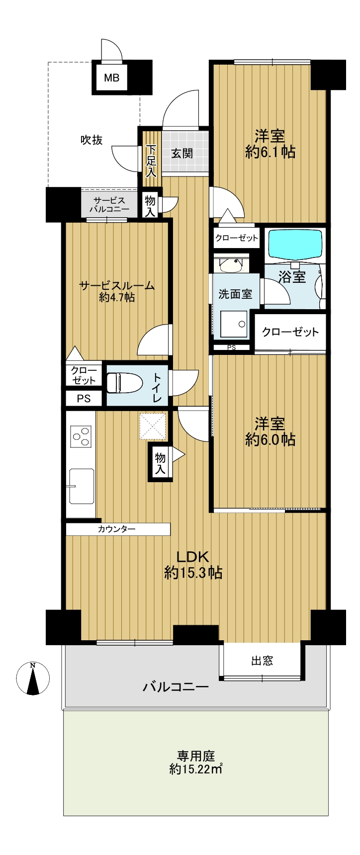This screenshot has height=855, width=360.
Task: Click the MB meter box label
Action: (x=111, y=78)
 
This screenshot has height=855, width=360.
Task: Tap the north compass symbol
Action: (x=33, y=678)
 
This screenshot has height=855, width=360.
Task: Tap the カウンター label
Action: (x=117, y=529)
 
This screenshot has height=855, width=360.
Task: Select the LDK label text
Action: (x=193, y=556)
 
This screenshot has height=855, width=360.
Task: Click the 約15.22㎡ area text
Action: (x=195, y=769)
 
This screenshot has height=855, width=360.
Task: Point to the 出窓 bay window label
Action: (x=262, y=661)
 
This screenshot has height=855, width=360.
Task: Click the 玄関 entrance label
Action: (x=182, y=153)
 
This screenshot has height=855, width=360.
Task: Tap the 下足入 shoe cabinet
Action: (x=151, y=154)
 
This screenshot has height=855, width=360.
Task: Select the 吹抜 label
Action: (x=92, y=140)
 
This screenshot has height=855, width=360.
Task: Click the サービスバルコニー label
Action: (x=109, y=205)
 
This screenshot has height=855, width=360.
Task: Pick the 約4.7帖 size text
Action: (x=117, y=298)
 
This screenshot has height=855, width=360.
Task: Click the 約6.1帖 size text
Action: (x=270, y=152)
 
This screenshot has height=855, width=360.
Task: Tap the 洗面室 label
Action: (x=235, y=294)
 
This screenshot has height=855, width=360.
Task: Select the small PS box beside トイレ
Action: (x=84, y=399)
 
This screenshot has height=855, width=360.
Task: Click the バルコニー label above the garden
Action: (x=176, y=687)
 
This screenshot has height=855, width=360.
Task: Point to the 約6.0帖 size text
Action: (x=270, y=439)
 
